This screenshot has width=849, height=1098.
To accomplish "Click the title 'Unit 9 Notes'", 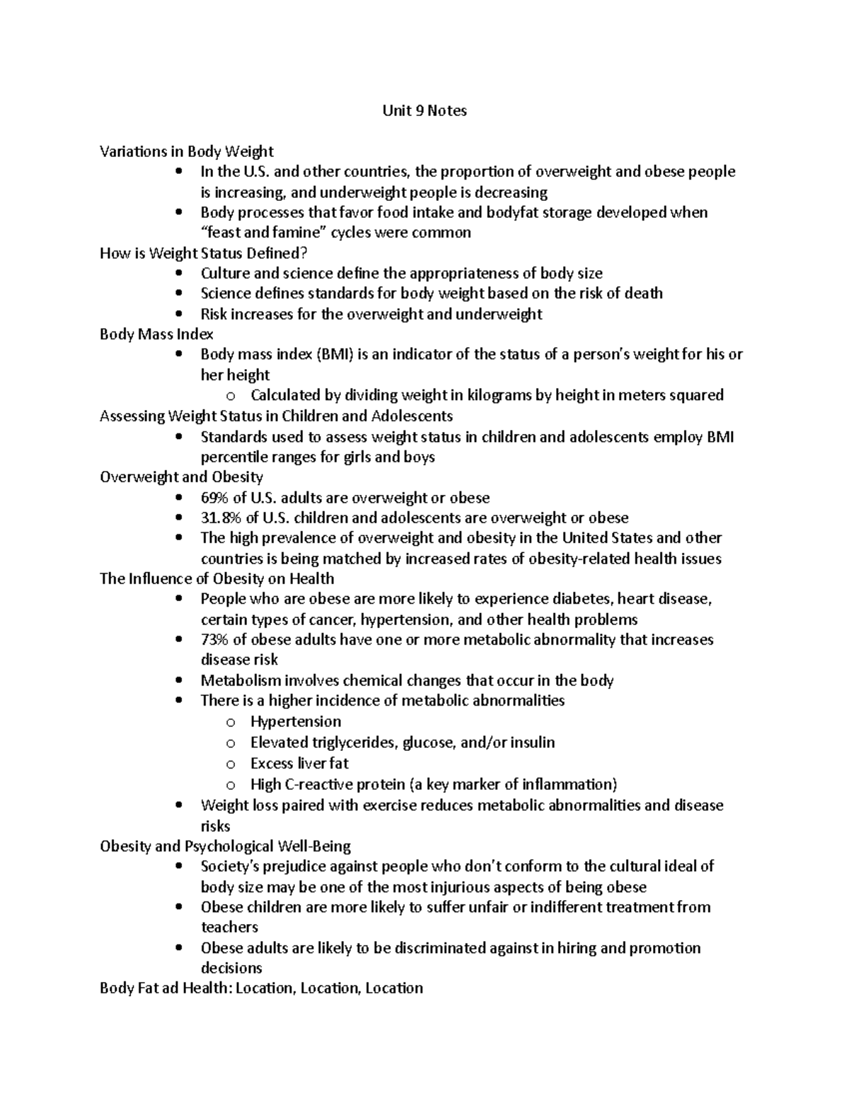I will [424, 111].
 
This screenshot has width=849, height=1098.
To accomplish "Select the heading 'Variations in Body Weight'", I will [186, 151].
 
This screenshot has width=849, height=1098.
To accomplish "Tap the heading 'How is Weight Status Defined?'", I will [204, 253].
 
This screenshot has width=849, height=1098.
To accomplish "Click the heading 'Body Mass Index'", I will [156, 334].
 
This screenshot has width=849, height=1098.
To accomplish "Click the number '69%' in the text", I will [214, 498].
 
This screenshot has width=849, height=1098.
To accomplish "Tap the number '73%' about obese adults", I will [214, 640].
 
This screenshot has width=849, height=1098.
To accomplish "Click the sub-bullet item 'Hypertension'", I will [295, 722].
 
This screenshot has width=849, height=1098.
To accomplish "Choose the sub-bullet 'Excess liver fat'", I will [299, 764].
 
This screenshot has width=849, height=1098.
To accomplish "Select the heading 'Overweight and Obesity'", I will [181, 477].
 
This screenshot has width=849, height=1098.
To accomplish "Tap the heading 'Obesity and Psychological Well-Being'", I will [225, 846].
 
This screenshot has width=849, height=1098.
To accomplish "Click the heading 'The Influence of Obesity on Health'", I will [217, 579].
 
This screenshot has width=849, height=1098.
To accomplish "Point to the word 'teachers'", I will [229, 927].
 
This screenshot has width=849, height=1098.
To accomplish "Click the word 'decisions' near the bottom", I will [231, 968].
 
